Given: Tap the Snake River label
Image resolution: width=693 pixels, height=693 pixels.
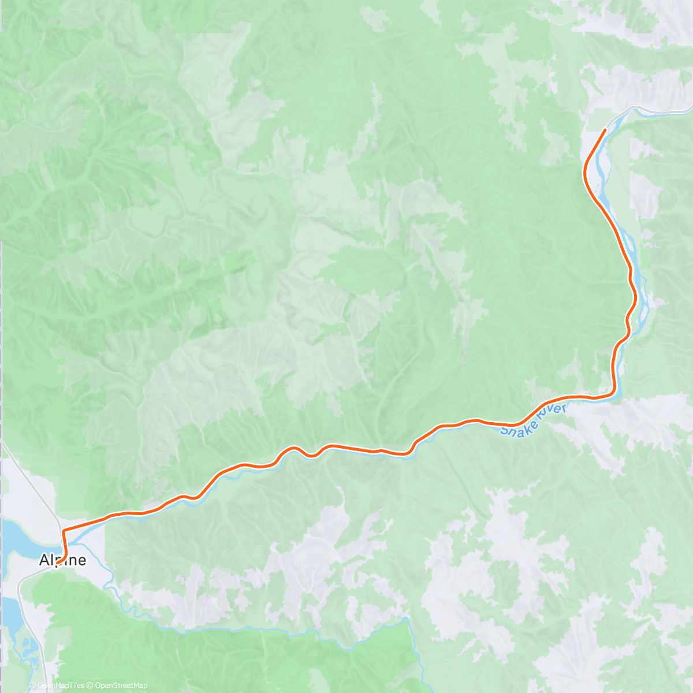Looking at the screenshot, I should (x=534, y=420).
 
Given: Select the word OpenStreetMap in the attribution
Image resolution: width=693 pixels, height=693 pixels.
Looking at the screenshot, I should (x=121, y=685).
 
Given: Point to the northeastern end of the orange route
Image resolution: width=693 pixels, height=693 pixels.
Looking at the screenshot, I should (x=605, y=130).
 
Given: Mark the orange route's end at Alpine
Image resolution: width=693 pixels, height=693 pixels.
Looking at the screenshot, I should (x=58, y=562).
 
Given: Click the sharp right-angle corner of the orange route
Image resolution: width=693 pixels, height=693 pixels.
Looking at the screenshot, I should (x=63, y=530).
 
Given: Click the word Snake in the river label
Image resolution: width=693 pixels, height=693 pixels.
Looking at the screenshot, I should (x=516, y=428).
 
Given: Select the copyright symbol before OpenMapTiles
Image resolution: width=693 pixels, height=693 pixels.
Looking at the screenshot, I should (x=32, y=685).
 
